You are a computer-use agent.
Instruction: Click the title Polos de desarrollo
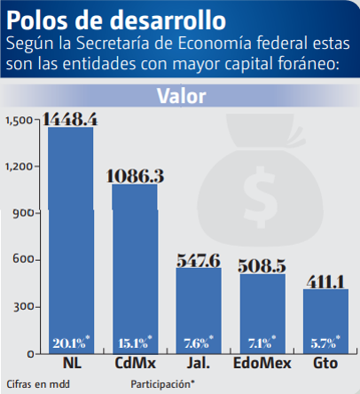pyautogui.click(x=115, y=18)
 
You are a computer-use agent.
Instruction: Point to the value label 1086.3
pyautogui.click(x=135, y=176)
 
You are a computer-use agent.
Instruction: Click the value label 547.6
pyautogui.click(x=199, y=259)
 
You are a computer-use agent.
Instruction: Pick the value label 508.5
pyautogui.click(x=262, y=265)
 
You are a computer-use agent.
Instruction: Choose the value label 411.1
pyautogui.click(x=325, y=280)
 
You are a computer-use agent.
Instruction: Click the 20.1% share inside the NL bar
pyautogui.click(x=70, y=343)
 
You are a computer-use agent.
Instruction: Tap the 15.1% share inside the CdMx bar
pyautogui.click(x=134, y=343)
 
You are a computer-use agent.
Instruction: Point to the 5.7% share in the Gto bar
pyautogui.click(x=325, y=343)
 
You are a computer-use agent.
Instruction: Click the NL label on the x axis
pyautogui.click(x=71, y=365)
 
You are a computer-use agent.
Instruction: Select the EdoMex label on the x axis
pyautogui.click(x=262, y=365)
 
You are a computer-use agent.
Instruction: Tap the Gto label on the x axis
pyautogui.click(x=325, y=365)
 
